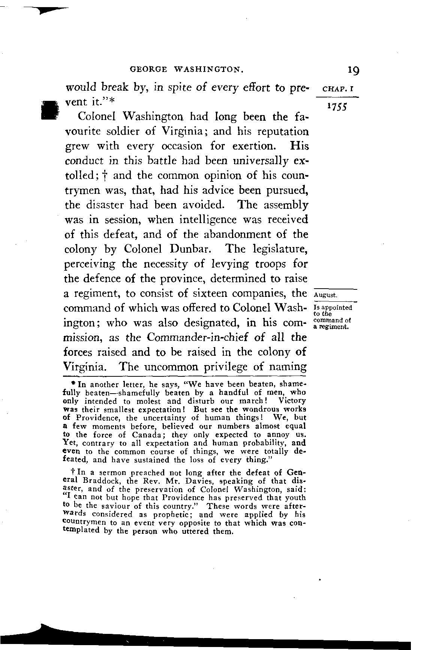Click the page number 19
point(353,70)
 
